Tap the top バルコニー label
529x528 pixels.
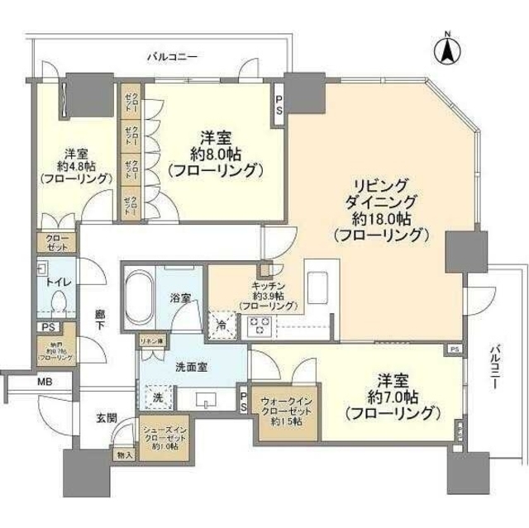coord(172,57)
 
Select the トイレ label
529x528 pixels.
coord(59,281)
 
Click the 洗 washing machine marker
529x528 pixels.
coord(157,396)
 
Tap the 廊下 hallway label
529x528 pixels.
coord(100,320)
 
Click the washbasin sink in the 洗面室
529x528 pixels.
coord(206,400)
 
